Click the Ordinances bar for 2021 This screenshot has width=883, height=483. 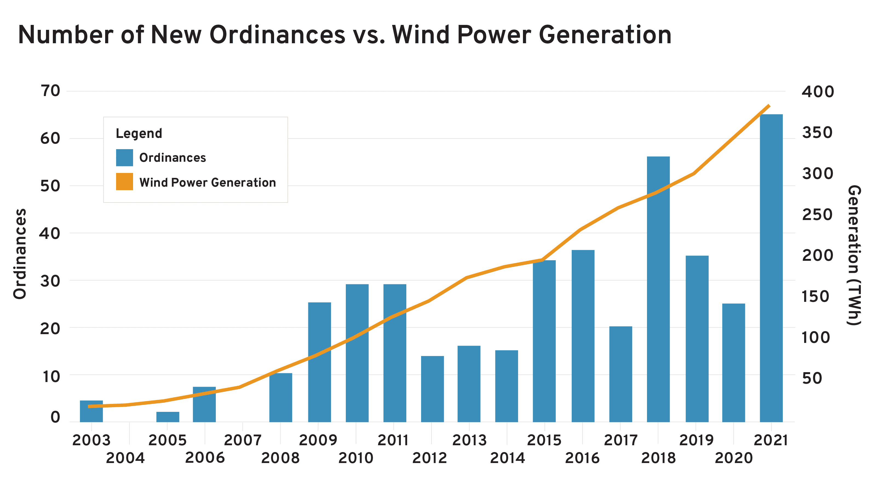tap(771, 268)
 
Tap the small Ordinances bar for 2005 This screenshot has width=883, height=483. tap(168, 417)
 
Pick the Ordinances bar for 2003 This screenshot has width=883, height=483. tap(91, 411)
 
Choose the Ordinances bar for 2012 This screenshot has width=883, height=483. tap(432, 389)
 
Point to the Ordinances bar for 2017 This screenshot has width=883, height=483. tap(620, 374)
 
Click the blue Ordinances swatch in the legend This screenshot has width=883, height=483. tap(124, 158)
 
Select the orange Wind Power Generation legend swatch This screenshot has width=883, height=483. tap(124, 181)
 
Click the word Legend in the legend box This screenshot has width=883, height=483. tap(139, 134)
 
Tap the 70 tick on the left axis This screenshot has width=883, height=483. tap(50, 91)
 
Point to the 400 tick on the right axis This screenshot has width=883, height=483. tap(818, 92)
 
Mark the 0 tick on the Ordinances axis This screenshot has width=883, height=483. tap(55, 417)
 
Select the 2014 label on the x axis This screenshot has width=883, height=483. tap(507, 458)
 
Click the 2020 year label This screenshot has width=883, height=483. tap(734, 458)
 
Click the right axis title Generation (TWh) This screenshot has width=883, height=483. tap(854, 256)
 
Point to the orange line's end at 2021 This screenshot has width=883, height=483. tap(769, 106)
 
